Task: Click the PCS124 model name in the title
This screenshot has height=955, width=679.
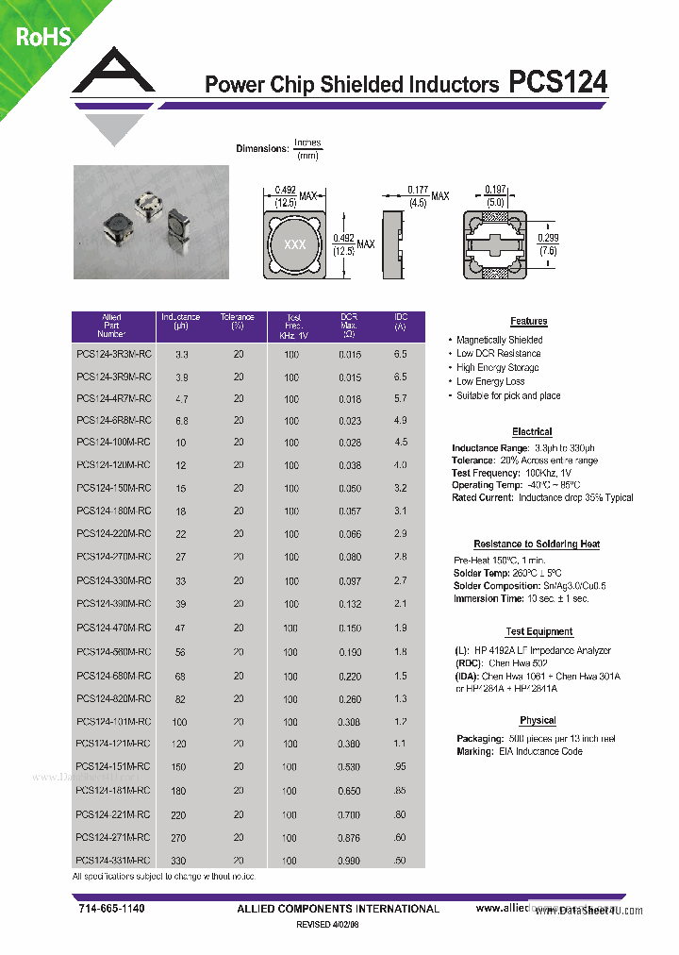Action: [557, 83]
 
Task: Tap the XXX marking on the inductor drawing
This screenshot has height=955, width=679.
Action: [294, 244]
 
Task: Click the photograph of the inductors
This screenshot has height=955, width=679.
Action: [151, 222]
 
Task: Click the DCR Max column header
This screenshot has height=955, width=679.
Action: [348, 326]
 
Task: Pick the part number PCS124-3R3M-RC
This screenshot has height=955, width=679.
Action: [113, 354]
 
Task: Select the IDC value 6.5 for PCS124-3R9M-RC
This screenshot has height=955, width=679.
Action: [400, 377]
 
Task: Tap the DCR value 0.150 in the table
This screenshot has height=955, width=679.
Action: [350, 628]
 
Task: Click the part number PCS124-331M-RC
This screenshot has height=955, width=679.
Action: [113, 860]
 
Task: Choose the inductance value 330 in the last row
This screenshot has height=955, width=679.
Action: [179, 861]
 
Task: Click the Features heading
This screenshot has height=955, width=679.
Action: [529, 322]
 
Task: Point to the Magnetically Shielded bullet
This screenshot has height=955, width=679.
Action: [499, 340]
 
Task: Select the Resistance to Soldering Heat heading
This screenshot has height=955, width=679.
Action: [537, 545]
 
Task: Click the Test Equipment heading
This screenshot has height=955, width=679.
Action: [538, 632]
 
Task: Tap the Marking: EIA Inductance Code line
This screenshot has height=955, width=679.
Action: [519, 751]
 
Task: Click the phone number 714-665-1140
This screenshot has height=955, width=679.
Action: [111, 908]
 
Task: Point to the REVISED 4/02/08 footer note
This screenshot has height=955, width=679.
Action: [328, 926]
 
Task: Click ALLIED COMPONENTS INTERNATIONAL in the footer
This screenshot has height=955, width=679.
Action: [338, 909]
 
